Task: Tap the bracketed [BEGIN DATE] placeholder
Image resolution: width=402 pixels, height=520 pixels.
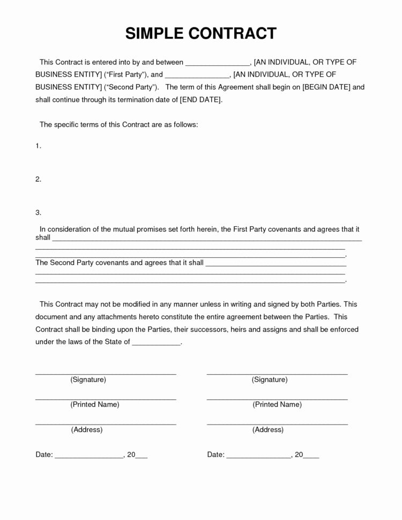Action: [327, 87]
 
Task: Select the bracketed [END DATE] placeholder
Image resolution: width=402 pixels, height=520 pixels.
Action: [200, 100]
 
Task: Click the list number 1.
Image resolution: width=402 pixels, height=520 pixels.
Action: [38, 146]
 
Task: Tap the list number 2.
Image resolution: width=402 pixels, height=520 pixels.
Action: [38, 180]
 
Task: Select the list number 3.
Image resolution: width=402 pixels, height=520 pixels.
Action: [38, 213]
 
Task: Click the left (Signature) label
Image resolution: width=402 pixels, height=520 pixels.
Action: [88, 380]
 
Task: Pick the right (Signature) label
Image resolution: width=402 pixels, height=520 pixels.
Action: [270, 380]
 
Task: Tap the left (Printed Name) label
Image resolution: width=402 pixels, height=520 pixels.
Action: [95, 405]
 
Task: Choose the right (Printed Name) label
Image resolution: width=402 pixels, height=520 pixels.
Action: [277, 405]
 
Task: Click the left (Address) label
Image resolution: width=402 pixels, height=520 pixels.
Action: [86, 429]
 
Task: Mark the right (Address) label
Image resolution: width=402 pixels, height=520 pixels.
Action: [268, 429]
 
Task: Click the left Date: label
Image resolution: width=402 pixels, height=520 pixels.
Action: [44, 455]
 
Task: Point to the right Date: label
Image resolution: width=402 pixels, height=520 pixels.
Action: [215, 455]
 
